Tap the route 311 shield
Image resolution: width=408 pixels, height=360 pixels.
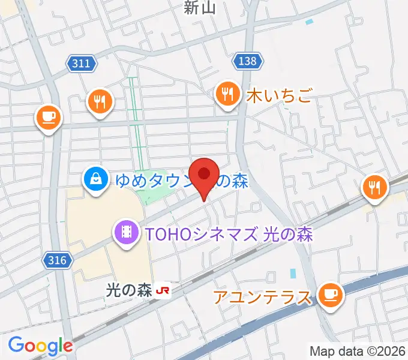tap(80, 63)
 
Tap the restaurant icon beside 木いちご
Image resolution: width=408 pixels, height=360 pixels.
tap(227, 94)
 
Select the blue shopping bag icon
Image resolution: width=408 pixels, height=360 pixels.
tap(96, 178)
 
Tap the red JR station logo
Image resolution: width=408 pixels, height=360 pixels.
tap(163, 291)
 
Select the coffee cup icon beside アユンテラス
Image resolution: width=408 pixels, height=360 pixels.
tap(330, 295)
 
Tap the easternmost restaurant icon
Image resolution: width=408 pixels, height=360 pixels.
tap(375, 188)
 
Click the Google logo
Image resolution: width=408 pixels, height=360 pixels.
tap(40, 346)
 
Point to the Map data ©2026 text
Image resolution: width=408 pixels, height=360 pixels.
tap(358, 351)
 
